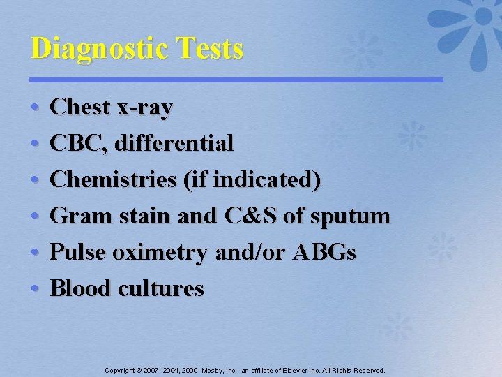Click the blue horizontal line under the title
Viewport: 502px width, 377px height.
(x=237, y=80)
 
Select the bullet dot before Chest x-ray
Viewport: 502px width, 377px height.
(x=35, y=108)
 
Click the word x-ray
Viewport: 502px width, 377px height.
(x=146, y=108)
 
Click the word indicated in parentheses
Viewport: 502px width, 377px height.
(x=267, y=180)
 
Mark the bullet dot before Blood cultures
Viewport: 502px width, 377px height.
(x=35, y=288)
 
